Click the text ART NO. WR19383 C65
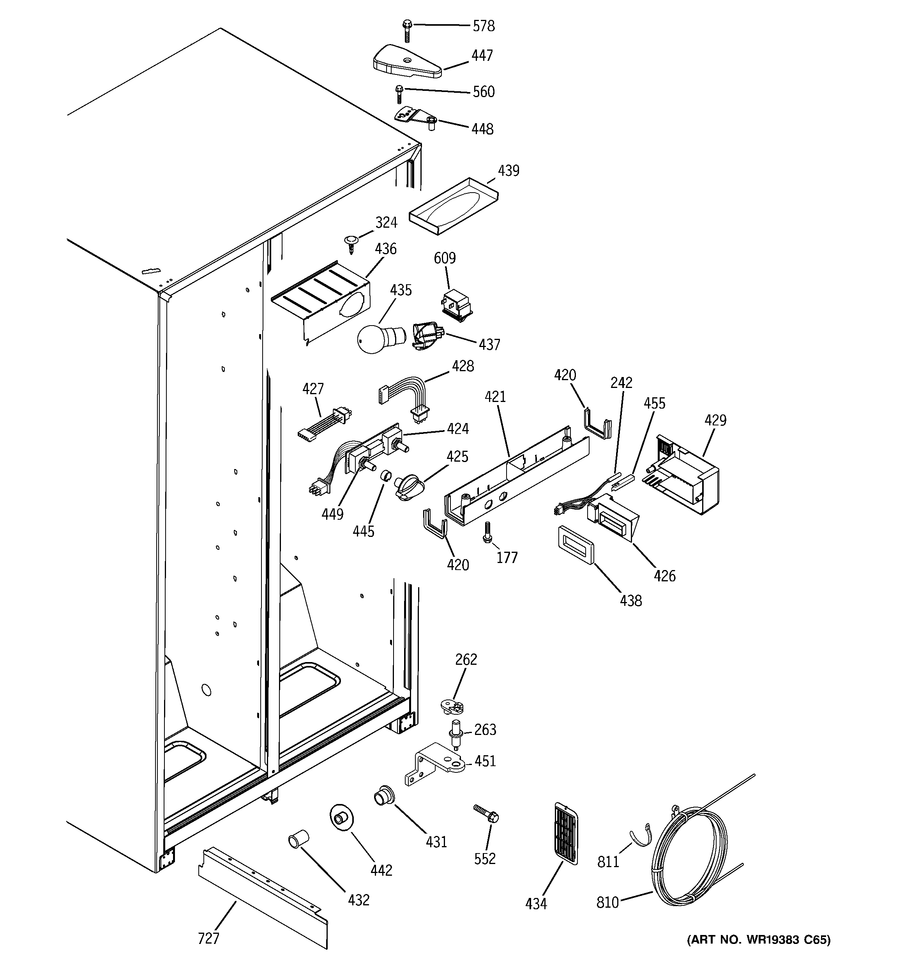(x=758, y=953)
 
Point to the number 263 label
(x=485, y=730)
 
